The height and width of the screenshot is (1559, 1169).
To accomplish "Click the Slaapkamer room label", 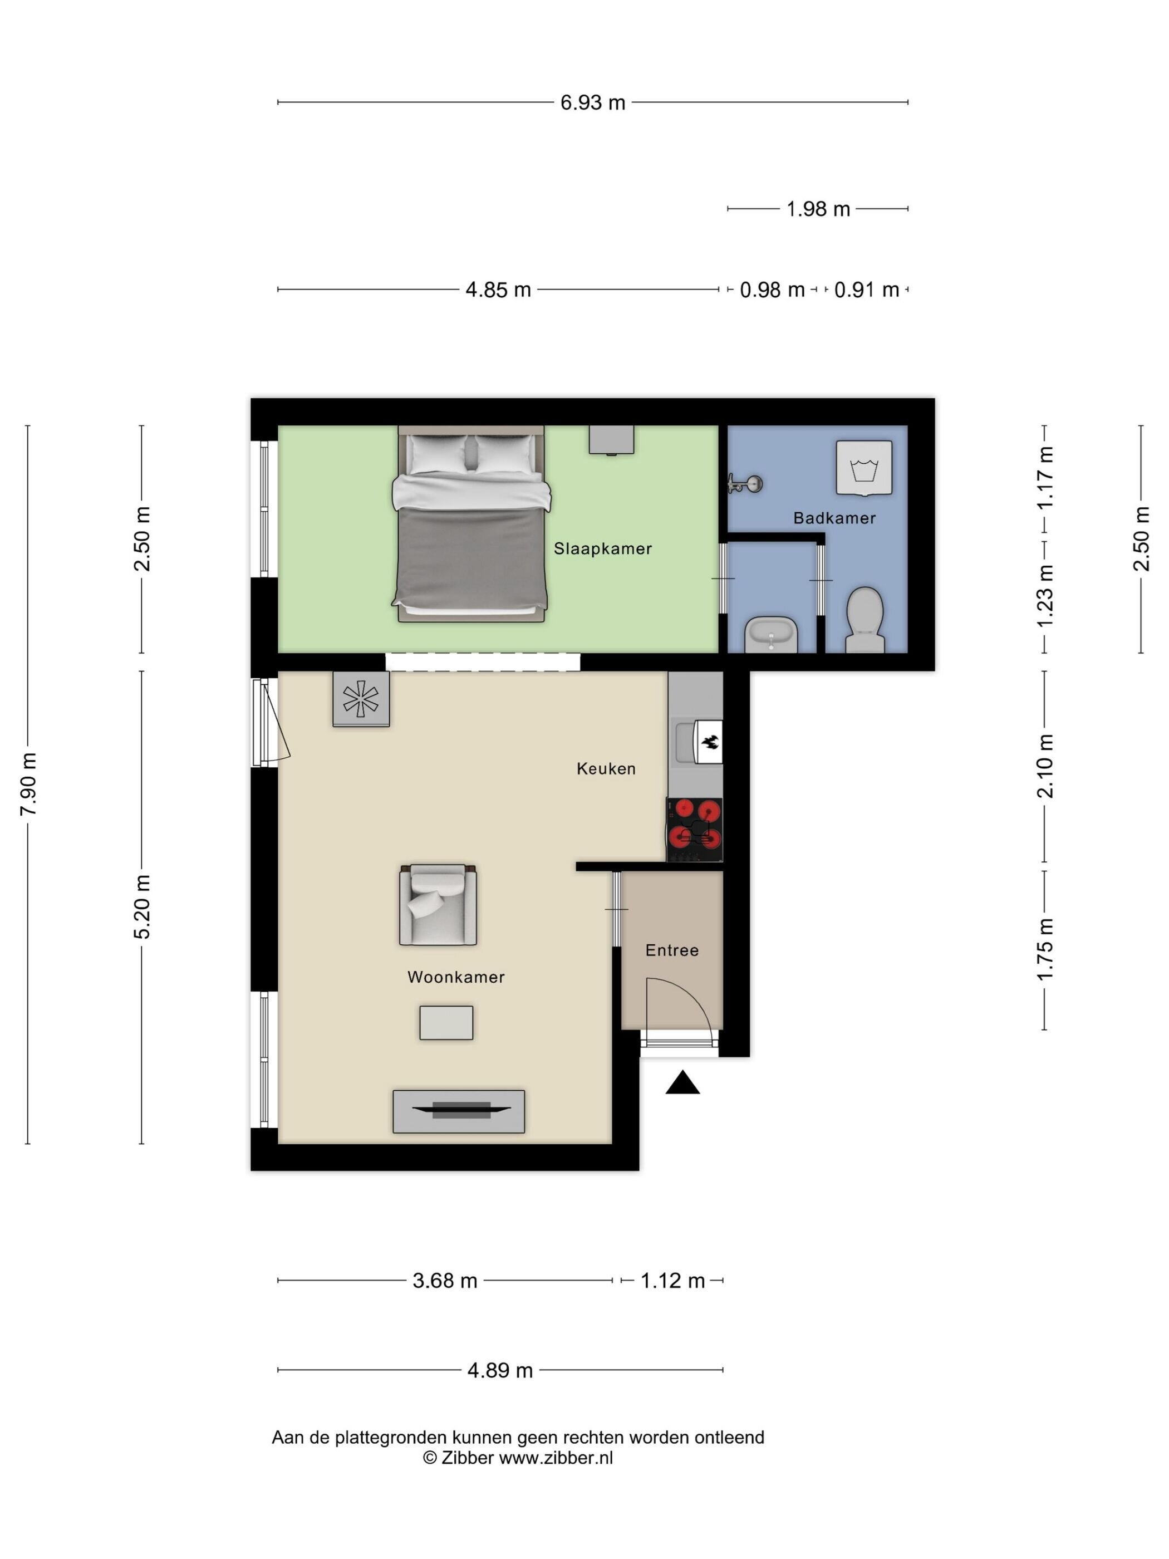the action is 602,548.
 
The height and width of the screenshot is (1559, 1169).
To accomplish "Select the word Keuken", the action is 606,768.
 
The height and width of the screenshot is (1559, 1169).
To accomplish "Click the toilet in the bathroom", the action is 865,620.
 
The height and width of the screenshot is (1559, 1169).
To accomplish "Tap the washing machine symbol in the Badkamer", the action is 864,467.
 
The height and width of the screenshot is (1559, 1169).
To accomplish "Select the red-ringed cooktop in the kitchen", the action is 695,830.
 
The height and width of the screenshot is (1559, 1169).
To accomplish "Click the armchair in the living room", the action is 438,904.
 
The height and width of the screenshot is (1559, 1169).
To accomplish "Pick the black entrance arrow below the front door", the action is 682,1082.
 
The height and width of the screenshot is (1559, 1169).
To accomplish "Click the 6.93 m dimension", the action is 593,103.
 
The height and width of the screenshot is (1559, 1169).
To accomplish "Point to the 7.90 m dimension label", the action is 28,784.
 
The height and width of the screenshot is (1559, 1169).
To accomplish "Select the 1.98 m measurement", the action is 818,209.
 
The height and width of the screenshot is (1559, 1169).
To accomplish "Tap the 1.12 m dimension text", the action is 672,1281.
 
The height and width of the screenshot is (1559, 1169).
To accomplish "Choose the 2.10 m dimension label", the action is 1045,766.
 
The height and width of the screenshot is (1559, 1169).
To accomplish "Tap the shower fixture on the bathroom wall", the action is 745,484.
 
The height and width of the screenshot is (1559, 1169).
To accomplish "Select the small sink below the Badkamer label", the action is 772,635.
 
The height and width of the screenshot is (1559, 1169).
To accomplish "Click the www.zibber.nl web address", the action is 556,1458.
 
